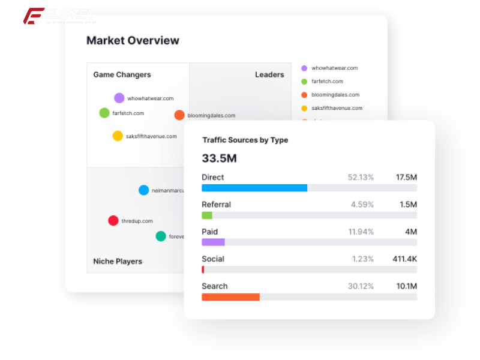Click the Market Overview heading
(133, 41)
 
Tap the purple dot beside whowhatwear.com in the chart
(119, 98)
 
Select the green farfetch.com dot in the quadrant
(104, 113)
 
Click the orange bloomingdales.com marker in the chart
(179, 115)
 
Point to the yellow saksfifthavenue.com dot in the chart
(118, 136)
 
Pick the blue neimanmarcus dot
(144, 190)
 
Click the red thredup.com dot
(113, 221)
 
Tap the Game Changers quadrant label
(122, 75)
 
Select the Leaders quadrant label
(269, 75)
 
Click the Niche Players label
(118, 262)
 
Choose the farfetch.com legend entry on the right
(327, 82)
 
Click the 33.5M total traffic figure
(219, 158)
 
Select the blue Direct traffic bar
(254, 188)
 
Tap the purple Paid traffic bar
(213, 242)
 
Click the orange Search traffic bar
(230, 297)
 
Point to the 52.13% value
(361, 178)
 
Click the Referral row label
(216, 205)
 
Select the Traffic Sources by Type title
(245, 140)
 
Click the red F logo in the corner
(33, 16)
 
